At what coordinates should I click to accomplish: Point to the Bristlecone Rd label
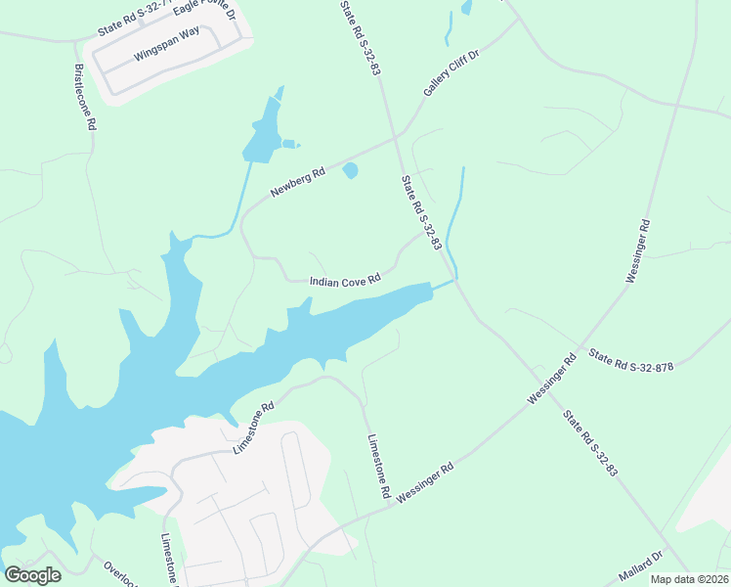[85, 98]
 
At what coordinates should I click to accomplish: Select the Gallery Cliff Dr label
[451, 72]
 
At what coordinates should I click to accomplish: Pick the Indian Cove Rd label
[344, 282]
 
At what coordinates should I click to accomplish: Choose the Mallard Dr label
[641, 565]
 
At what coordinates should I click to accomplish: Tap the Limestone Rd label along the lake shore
[253, 427]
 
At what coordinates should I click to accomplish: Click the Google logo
[33, 575]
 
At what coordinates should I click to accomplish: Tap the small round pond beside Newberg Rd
[350, 171]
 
